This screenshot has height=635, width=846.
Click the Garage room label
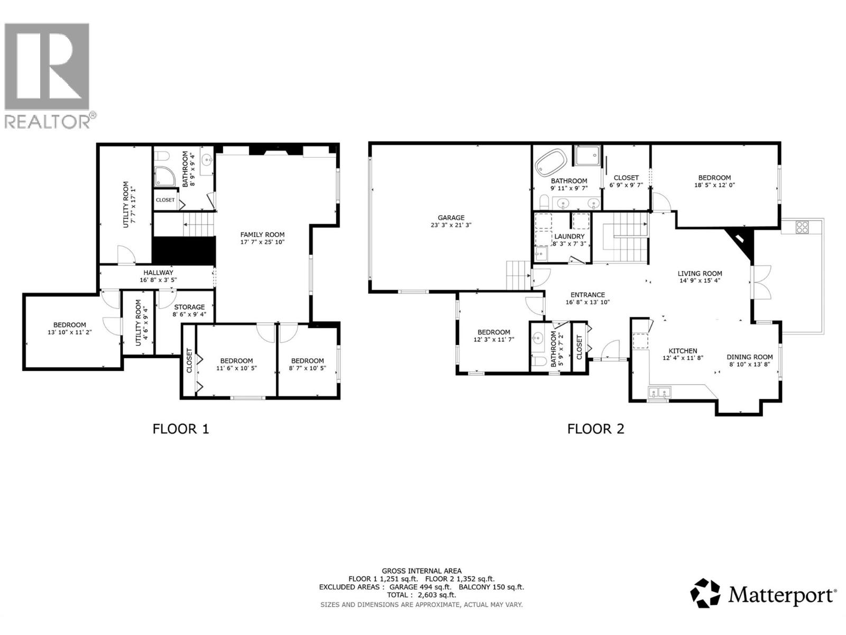451,217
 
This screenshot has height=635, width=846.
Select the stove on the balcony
802,228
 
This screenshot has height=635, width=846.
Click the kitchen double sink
659,393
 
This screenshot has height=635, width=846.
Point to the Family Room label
262,234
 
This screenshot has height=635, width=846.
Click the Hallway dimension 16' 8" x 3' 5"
158,280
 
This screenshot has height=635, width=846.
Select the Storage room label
189,307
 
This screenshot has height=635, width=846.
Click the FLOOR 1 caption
181,428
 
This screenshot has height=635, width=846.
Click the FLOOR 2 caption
595,428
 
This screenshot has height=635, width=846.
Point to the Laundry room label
569,237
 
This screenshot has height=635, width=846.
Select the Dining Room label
749,357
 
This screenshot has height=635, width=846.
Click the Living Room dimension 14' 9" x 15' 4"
700,281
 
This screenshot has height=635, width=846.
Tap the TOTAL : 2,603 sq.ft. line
421,595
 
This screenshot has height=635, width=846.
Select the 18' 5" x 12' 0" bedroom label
714,178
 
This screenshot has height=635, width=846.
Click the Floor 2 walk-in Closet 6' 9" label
626,178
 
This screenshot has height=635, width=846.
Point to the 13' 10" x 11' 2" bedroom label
69,325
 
